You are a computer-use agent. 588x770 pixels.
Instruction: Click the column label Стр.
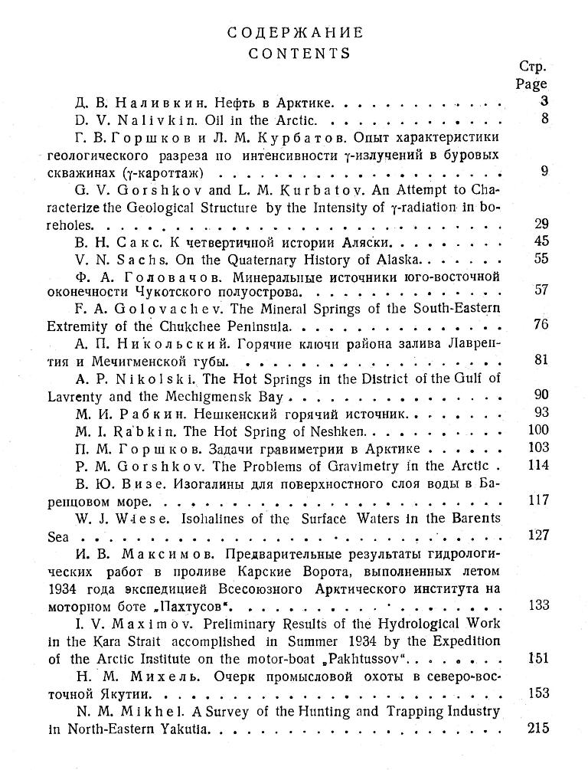pos(532,66)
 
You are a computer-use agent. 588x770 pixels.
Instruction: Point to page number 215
pos(538,728)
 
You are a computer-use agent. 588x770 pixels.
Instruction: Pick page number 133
pos(538,605)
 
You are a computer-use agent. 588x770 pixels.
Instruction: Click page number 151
pos(538,657)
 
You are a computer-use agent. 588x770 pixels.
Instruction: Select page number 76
pos(541,324)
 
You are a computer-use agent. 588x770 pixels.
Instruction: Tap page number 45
pos(541,242)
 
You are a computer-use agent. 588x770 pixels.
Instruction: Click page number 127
pos(538,535)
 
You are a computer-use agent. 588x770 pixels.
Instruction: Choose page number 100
pos(538,430)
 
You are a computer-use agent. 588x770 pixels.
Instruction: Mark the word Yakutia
pos(181,729)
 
